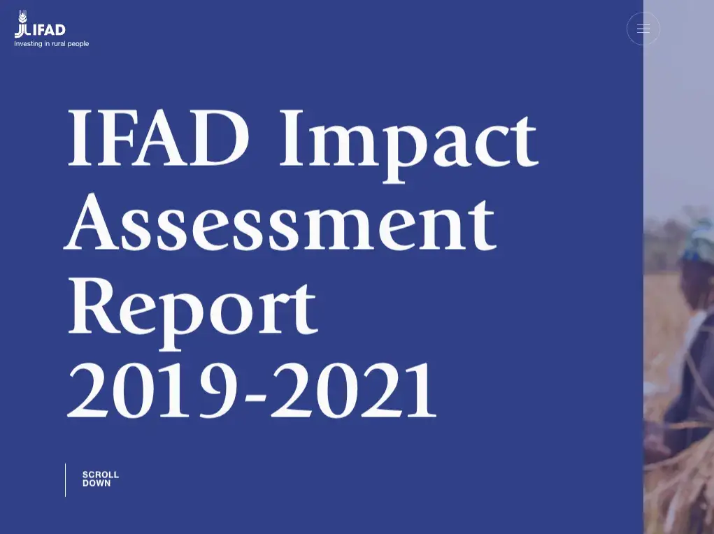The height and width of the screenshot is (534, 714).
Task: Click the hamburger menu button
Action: (x=643, y=29)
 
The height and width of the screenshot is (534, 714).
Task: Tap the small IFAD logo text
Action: (x=49, y=31)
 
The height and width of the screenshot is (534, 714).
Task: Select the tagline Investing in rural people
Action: (x=52, y=44)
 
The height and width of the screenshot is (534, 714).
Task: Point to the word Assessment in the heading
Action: (x=280, y=222)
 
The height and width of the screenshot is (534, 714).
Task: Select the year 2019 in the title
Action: (x=152, y=391)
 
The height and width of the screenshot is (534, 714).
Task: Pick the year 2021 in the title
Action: (x=354, y=391)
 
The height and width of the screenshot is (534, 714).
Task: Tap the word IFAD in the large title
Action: (x=159, y=138)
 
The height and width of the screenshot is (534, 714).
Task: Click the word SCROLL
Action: (x=101, y=475)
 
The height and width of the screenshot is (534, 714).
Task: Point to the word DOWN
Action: (x=97, y=483)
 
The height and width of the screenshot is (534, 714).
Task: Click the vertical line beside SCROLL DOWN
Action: (x=66, y=480)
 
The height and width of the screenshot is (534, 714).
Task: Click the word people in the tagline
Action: (x=78, y=44)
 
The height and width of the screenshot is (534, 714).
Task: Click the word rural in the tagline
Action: (x=59, y=44)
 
